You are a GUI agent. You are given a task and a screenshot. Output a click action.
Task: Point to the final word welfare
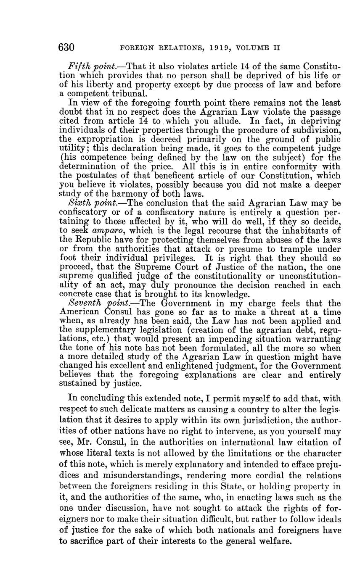(274, 541)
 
